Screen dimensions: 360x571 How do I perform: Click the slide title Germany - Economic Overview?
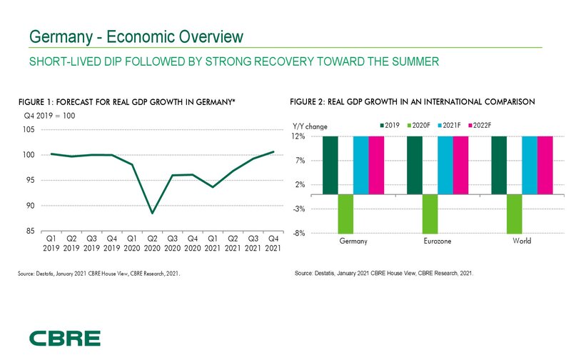point(136,36)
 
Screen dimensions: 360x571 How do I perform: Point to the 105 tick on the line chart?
point(31,129)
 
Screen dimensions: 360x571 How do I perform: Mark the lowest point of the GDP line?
point(152,213)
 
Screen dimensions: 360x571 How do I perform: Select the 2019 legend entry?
point(388,126)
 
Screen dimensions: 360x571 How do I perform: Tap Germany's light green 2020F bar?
point(346,213)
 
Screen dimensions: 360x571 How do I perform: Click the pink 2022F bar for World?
point(545,164)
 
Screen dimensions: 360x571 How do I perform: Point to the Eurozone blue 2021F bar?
point(445,164)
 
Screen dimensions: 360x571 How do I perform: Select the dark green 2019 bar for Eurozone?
point(415,164)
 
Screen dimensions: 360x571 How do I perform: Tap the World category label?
point(522,241)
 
